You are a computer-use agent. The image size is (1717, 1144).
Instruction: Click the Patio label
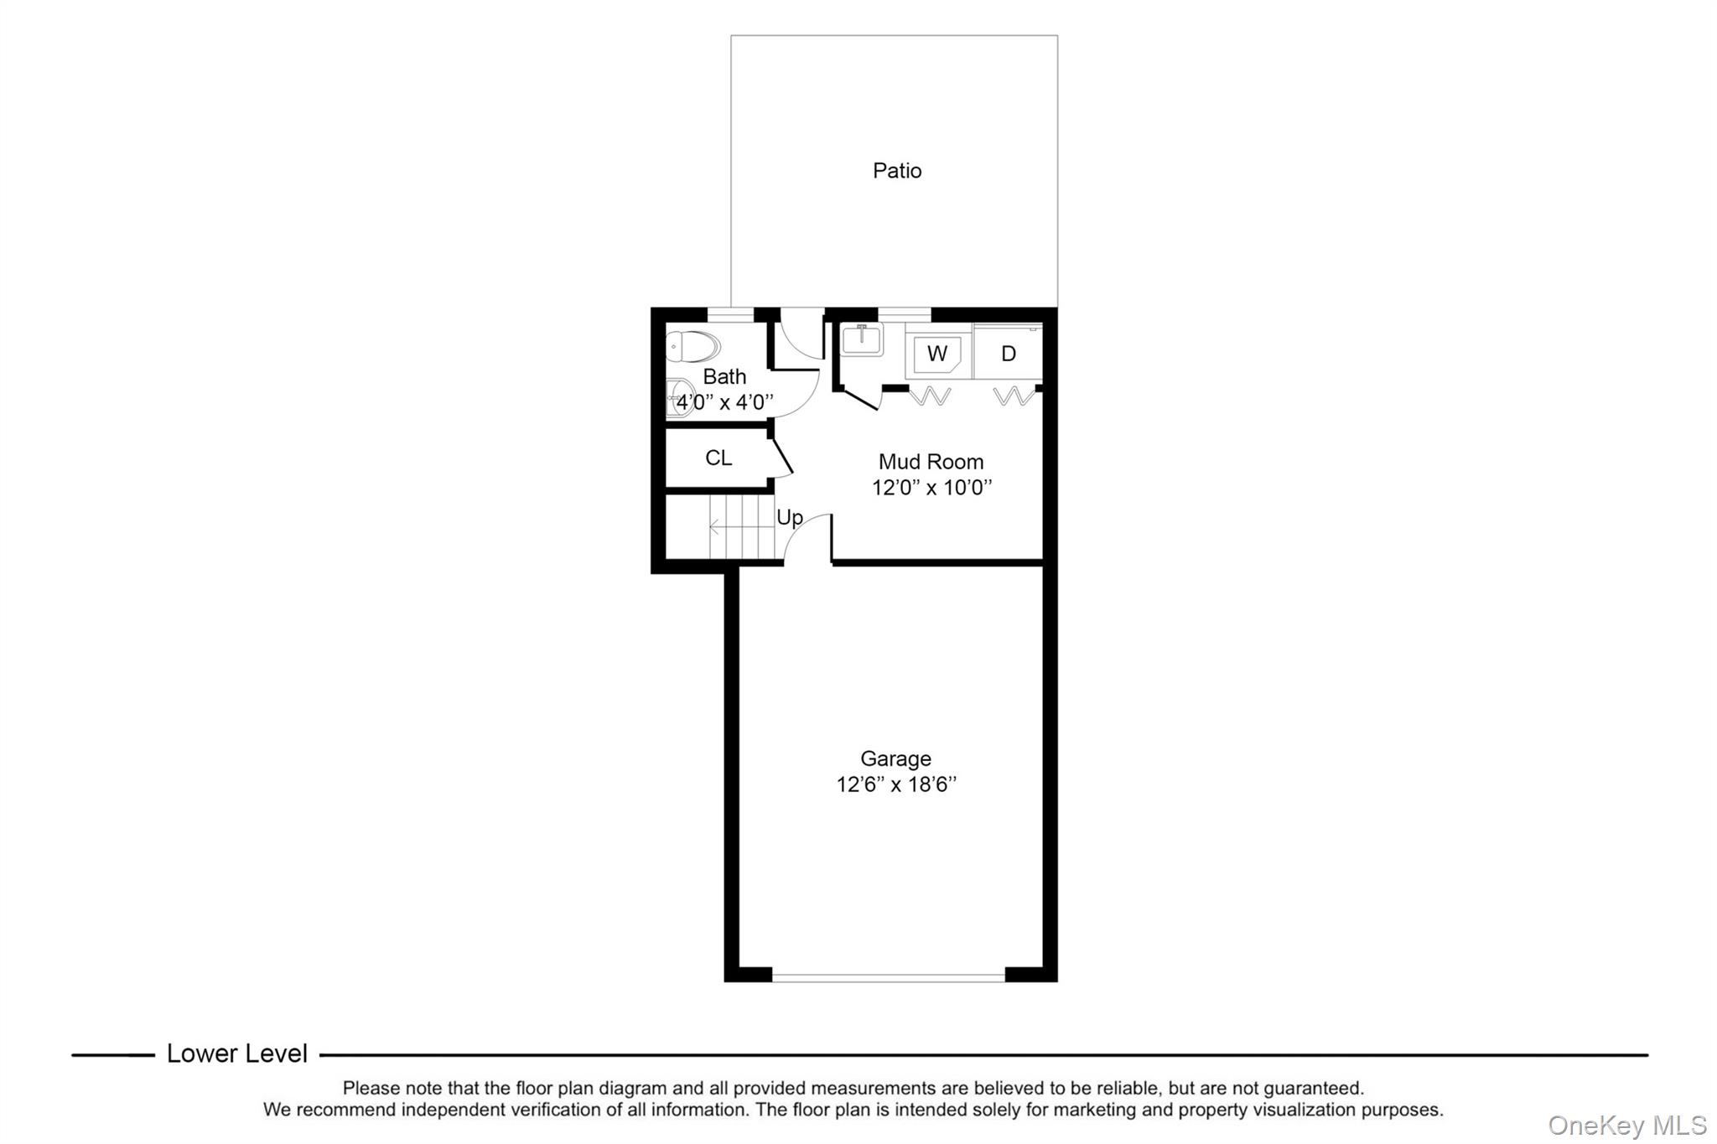pos(896,171)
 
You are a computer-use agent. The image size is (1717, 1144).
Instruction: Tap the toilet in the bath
pos(693,345)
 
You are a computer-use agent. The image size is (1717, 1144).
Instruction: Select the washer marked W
pos(936,354)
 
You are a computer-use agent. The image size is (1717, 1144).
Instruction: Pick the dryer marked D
pos(1008,354)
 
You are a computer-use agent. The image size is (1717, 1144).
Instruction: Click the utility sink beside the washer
pos(862,340)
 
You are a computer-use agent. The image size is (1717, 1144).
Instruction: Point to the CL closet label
pos(718,458)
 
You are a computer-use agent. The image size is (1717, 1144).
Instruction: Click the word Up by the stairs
pos(790,517)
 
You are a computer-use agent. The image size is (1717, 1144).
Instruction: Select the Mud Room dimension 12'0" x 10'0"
pos(931,488)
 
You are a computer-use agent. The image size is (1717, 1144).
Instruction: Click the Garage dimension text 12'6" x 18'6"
pos(896,785)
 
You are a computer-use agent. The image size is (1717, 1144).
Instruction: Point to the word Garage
pos(895,758)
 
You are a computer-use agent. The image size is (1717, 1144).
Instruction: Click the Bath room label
pos(724,376)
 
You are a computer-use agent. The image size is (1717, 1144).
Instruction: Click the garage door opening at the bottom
pos(888,977)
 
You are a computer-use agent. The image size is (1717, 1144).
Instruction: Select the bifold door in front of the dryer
pos(1014,396)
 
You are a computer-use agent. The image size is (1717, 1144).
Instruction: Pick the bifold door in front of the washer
pos(931,396)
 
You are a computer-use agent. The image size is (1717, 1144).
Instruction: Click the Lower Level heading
pos(237,1053)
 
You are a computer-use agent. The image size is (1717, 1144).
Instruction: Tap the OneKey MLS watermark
pos(1626,1125)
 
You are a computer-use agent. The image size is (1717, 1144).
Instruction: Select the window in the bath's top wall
pos(730,315)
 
